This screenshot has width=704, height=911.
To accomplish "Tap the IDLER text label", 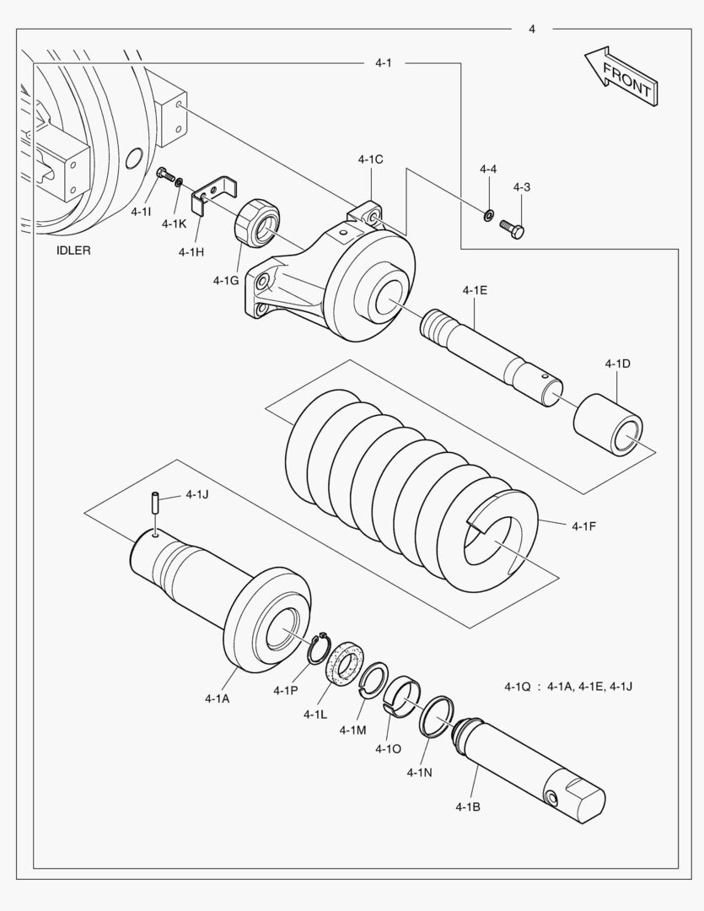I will [x=73, y=251].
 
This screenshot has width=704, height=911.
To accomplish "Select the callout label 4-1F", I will [x=583, y=526].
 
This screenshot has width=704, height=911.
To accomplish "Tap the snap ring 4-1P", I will [x=319, y=648].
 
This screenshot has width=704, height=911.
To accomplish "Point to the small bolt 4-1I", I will [x=166, y=175].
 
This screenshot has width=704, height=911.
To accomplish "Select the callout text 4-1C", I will [x=370, y=159].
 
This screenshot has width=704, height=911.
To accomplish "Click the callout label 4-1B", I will [x=467, y=807].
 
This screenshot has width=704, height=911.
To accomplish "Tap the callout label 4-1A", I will [x=217, y=698].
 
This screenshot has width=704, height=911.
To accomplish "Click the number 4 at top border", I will [x=532, y=30].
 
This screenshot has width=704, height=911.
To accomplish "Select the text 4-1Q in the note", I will [x=518, y=687].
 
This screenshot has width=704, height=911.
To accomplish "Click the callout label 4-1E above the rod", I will [x=475, y=289].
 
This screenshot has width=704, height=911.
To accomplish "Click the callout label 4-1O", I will [x=389, y=749].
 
